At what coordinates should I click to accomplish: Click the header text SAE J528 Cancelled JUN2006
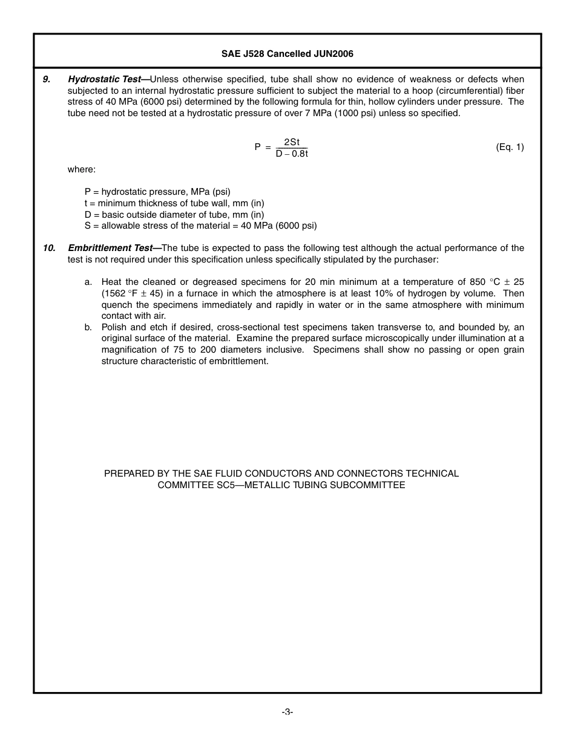287,54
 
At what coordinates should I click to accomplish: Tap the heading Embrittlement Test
110,248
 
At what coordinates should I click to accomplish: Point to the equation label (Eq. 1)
510,147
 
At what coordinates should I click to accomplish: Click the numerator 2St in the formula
291,142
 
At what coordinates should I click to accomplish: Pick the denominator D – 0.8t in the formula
292,154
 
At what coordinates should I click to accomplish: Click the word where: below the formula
81,169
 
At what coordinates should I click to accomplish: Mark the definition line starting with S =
200,226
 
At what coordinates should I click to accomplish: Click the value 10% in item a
381,293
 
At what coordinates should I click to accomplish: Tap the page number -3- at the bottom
287,712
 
